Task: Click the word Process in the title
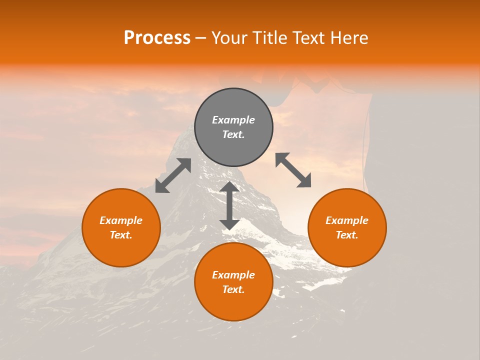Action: click(157, 38)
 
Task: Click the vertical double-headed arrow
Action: click(229, 205)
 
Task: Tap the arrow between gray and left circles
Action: click(173, 175)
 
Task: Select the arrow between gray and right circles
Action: click(293, 170)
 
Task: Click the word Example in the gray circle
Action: click(233, 120)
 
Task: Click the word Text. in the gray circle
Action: click(233, 134)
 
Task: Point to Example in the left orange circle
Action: click(121, 220)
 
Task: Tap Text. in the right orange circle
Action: click(347, 235)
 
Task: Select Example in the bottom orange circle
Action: click(233, 275)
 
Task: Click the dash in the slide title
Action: click(201, 38)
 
